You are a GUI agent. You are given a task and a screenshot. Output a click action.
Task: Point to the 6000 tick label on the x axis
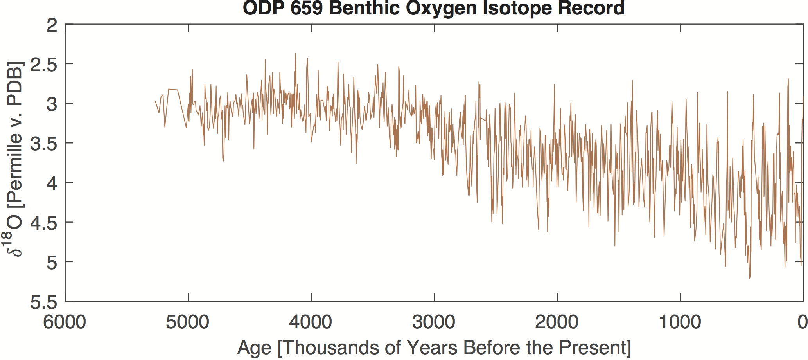(x=65, y=322)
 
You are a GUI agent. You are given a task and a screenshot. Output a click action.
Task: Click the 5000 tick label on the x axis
(x=188, y=322)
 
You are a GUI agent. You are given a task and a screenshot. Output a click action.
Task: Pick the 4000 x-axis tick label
(x=311, y=322)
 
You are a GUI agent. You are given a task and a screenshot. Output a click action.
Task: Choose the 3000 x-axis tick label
(x=434, y=322)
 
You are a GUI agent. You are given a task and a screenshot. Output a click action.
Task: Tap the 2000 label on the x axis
(x=557, y=322)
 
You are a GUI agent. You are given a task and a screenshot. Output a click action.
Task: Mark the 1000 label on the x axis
(x=680, y=322)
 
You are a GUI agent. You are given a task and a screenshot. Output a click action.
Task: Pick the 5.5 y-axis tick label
(x=44, y=302)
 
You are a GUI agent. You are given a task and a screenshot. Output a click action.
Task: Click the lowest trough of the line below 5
(x=750, y=278)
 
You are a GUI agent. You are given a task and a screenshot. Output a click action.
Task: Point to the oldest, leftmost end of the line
(x=155, y=101)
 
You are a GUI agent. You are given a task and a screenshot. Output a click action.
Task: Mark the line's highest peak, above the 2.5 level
(x=296, y=54)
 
